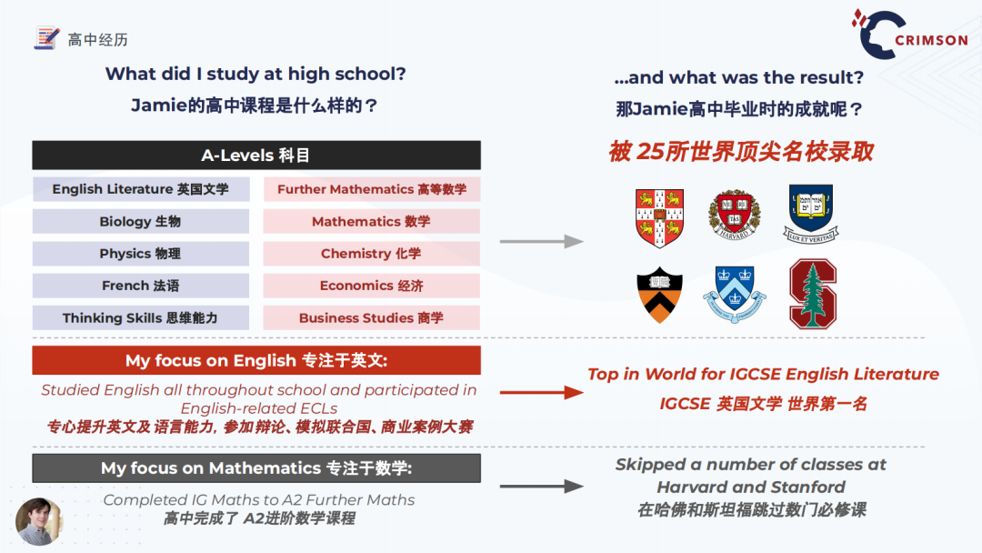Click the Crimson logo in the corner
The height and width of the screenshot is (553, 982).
[909, 35]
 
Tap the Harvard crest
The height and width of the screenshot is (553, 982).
[735, 215]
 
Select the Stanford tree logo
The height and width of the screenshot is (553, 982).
[813, 294]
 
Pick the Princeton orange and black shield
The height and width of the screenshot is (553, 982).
[659, 295]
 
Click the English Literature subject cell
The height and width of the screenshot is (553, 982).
[141, 189]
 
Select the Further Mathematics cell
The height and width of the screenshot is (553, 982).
[372, 189]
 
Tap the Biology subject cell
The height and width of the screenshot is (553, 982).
[141, 222]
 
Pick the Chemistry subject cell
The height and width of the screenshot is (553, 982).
[372, 254]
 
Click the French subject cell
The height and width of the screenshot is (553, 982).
[141, 286]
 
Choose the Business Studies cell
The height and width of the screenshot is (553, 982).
[372, 318]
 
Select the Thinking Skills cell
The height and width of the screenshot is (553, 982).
[141, 318]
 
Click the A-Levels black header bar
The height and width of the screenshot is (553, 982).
[256, 156]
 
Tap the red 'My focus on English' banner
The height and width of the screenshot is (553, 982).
[256, 361]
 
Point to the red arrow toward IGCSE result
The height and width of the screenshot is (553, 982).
[542, 393]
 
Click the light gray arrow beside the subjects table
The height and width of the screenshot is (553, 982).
[542, 241]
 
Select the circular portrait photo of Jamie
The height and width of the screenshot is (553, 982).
[39, 521]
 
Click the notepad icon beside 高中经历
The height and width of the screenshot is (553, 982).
[47, 38]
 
